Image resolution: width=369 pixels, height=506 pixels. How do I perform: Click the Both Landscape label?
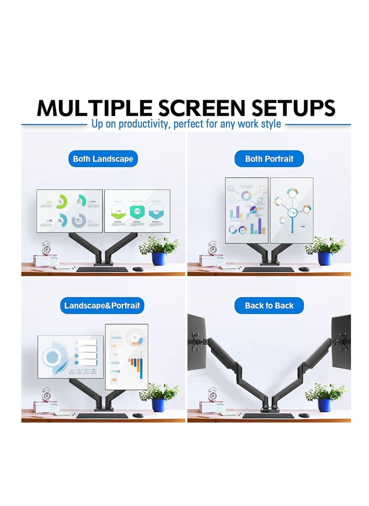coord(103,159)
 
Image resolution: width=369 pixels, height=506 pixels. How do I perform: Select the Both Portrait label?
coord(269,159)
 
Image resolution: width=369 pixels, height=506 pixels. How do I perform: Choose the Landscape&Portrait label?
coord(102,306)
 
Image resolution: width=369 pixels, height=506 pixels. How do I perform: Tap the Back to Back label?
coord(269,306)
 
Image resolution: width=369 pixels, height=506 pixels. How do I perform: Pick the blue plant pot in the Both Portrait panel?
coord(325,259)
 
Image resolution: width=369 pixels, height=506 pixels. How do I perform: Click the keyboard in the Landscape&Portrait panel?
coord(102,416)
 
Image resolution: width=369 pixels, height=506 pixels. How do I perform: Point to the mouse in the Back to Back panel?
coord(304,415)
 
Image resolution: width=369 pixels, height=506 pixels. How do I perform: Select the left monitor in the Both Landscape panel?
coord(70,211)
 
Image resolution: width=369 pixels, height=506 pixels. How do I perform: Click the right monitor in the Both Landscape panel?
coord(137,211)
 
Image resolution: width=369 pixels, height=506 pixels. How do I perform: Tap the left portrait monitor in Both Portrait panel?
coord(246,210)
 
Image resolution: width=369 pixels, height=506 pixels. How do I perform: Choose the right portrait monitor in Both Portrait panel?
coord(292,210)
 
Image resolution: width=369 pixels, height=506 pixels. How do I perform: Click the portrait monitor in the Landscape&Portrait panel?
coord(127,357)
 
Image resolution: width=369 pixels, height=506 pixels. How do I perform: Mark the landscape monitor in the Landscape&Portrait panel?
coord(70,356)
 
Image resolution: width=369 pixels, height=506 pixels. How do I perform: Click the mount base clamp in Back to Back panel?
coord(268,409)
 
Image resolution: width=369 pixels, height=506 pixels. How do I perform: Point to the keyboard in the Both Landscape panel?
coord(102,269)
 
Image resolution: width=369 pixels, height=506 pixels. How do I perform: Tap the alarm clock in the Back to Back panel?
coord(213,395)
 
